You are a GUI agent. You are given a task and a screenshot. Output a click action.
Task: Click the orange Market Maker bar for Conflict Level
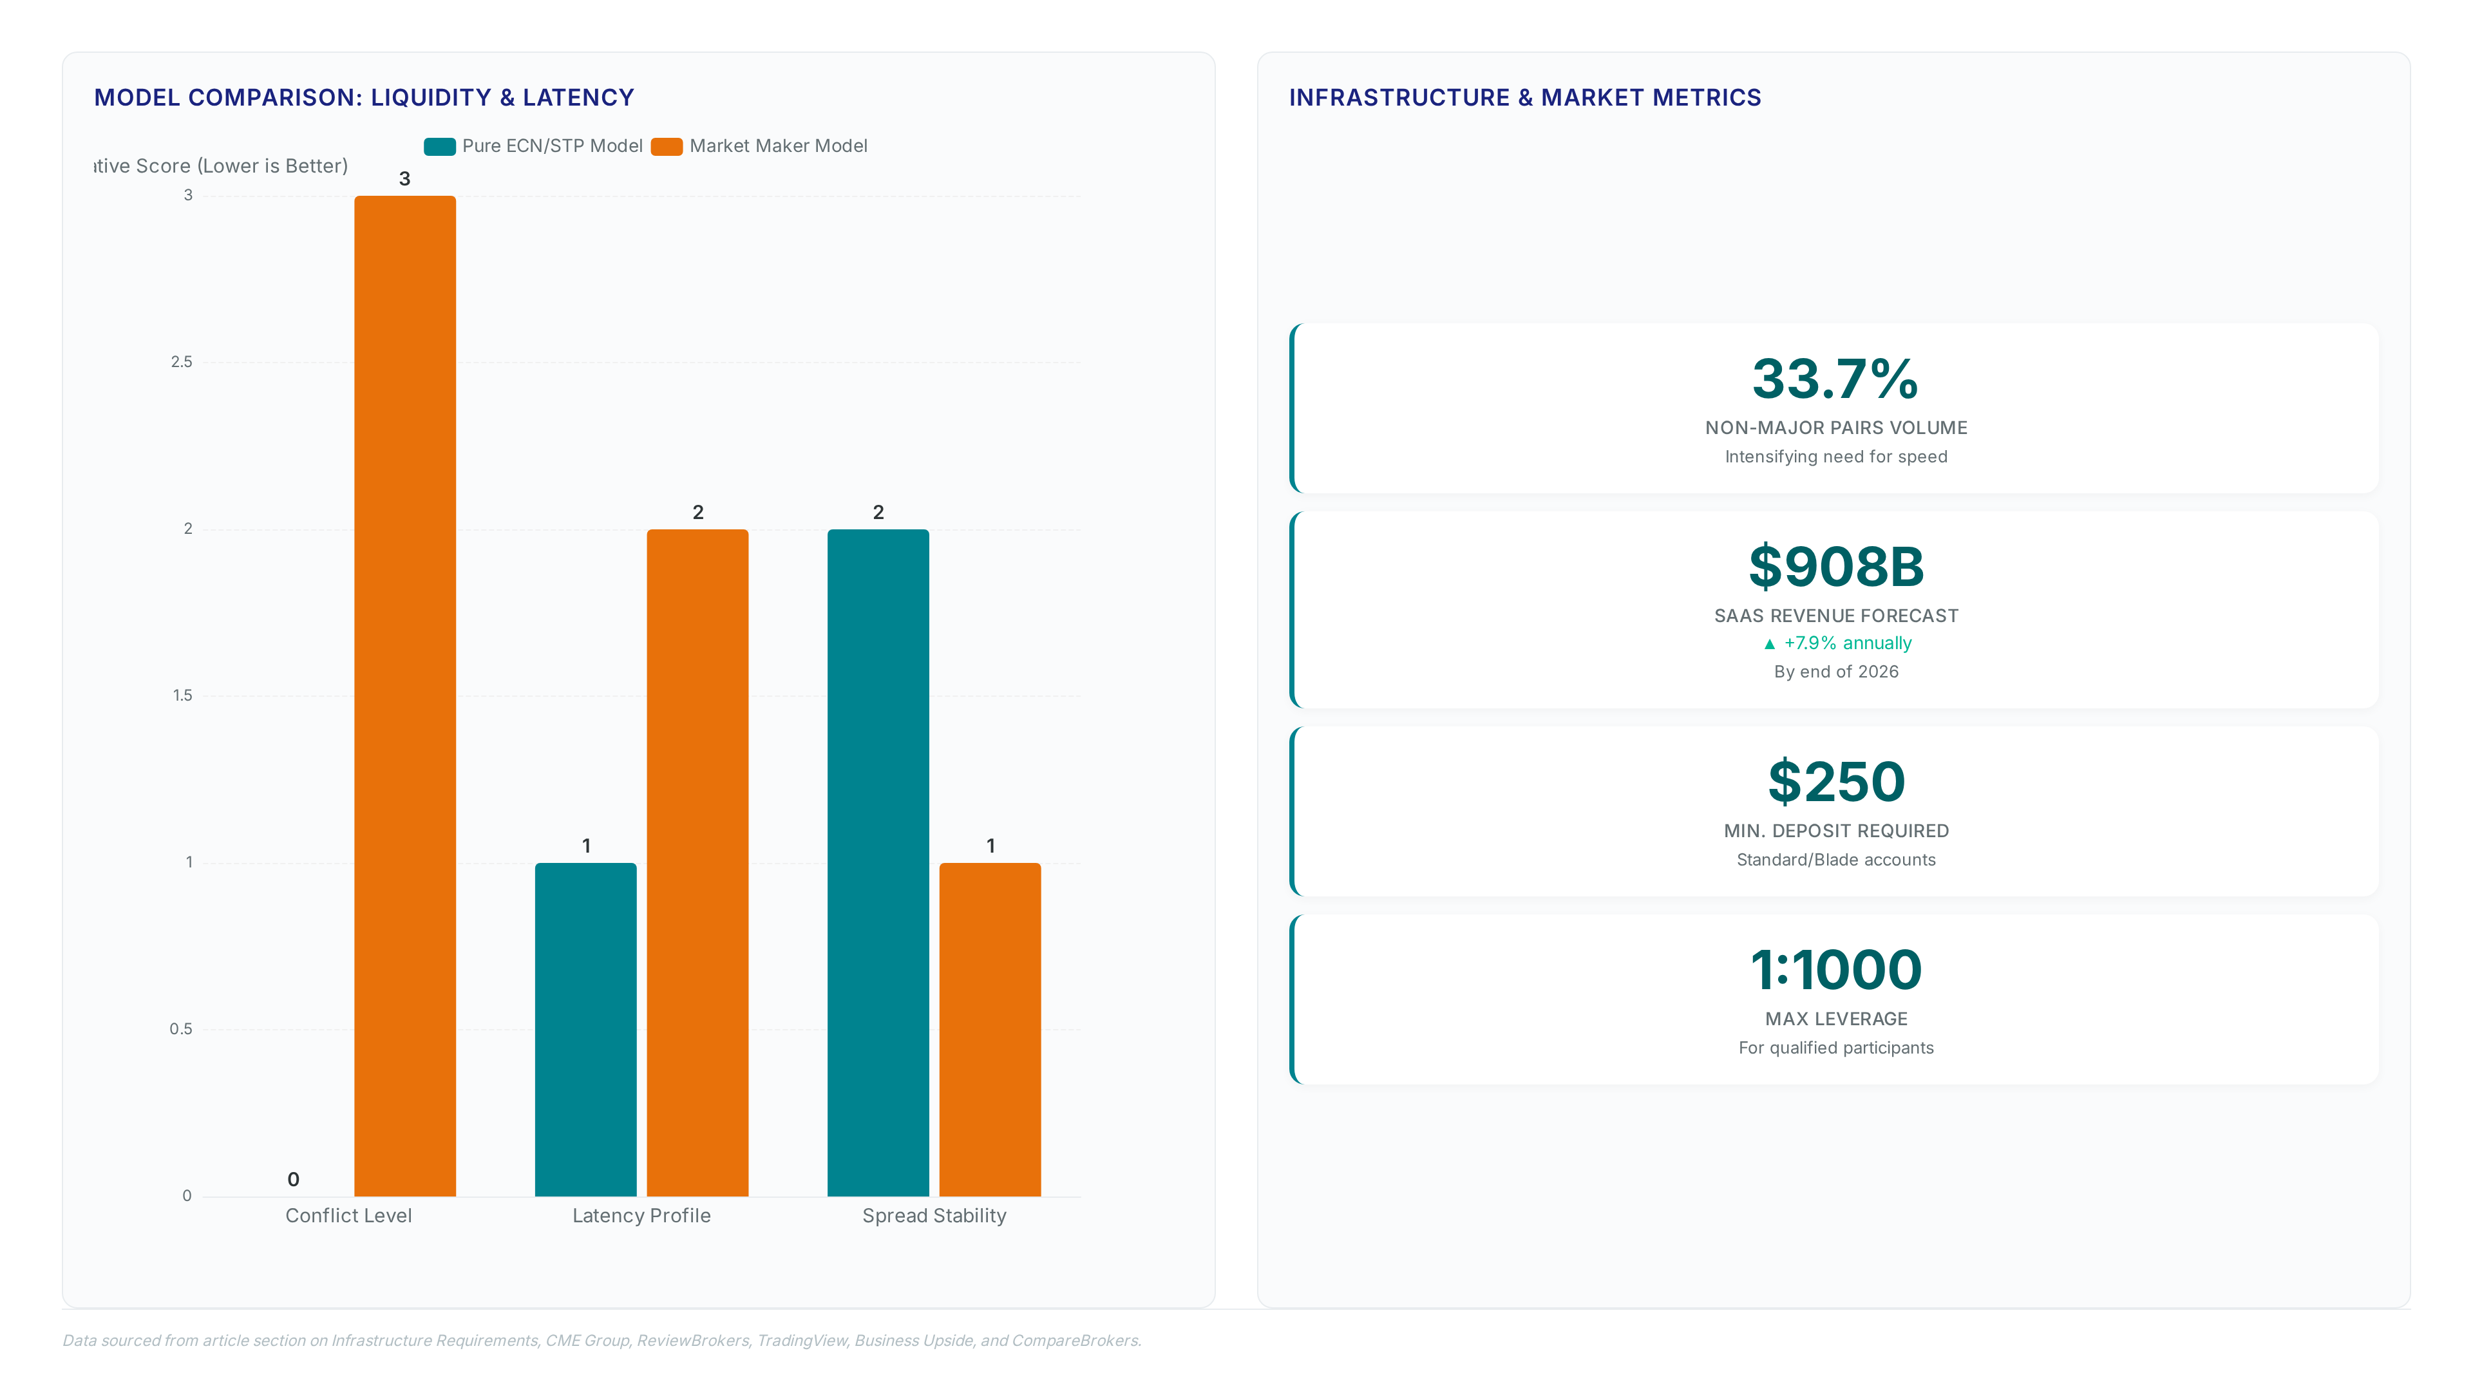point(404,696)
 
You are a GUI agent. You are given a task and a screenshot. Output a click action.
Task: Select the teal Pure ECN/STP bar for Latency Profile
point(585,1029)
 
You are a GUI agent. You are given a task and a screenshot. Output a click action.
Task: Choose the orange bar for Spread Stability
point(990,1029)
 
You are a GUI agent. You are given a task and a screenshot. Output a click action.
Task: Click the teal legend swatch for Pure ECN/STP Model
point(440,146)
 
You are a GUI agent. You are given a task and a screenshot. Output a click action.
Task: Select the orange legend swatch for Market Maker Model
point(667,146)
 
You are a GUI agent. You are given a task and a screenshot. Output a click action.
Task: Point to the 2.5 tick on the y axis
point(182,362)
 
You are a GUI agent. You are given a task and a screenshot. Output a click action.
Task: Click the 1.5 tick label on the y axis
point(182,695)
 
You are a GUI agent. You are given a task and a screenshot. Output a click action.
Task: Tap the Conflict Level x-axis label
point(348,1215)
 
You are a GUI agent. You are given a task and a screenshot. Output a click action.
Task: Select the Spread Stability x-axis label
point(934,1215)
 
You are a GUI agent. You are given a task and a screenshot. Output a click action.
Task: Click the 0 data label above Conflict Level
point(294,1179)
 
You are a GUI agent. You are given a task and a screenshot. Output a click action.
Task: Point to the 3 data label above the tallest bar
point(404,178)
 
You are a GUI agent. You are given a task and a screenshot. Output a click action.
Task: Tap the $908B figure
point(1835,567)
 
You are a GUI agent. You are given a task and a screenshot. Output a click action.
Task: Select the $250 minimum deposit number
point(1835,781)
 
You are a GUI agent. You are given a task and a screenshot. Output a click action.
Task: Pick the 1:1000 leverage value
point(1835,970)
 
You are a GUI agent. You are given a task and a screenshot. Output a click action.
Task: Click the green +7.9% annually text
point(1847,643)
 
